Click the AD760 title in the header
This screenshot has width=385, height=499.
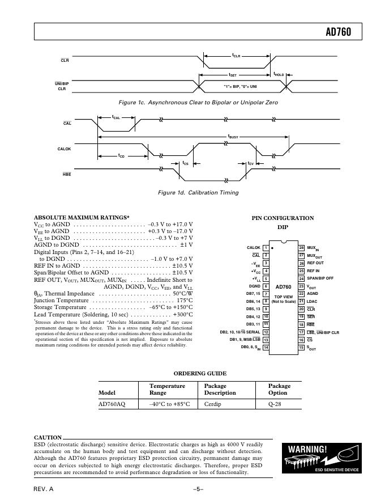pyautogui.click(x=338, y=32)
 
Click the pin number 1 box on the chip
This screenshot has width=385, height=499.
pyautogui.click(x=266, y=248)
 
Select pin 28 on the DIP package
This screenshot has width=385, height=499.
pyautogui.click(x=301, y=248)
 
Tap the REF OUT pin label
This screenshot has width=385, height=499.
pyautogui.click(x=315, y=263)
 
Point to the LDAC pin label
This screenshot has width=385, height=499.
pyautogui.click(x=313, y=301)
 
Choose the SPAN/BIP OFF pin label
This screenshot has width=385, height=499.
pyautogui.click(x=320, y=278)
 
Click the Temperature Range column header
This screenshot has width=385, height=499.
pyautogui.click(x=167, y=389)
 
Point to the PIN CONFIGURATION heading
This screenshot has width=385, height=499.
pyautogui.click(x=283, y=218)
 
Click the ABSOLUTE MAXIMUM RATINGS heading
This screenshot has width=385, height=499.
pyautogui.click(x=82, y=217)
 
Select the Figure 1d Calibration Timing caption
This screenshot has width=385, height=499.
pyautogui.click(x=198, y=192)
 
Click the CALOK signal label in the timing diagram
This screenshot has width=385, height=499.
pyautogui.click(x=64, y=149)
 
